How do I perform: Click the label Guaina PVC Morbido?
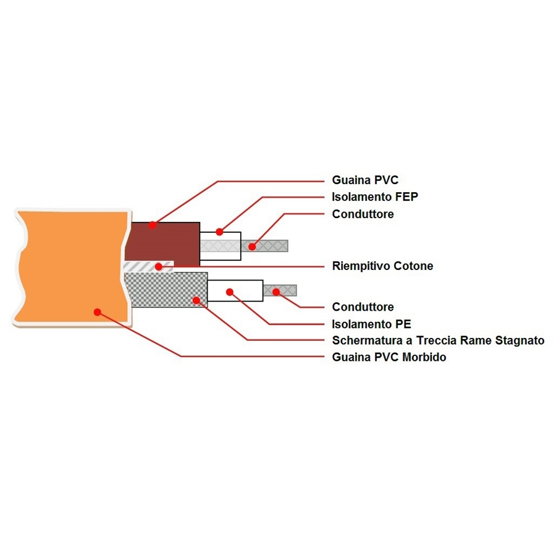(389, 357)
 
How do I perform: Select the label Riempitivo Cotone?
(382, 266)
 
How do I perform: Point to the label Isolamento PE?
(371, 324)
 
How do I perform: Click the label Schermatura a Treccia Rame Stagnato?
(438, 340)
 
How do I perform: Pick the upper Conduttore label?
(363, 214)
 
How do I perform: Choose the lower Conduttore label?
(363, 307)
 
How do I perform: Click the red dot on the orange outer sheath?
(97, 311)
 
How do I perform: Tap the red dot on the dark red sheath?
(153, 226)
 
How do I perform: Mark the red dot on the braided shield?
(196, 300)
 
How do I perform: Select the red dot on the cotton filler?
(159, 266)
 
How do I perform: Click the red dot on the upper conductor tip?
(252, 246)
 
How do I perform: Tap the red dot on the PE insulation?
(229, 291)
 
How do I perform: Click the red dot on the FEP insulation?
(219, 232)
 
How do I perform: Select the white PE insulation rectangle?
(244, 290)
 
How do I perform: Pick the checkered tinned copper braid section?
(167, 290)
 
